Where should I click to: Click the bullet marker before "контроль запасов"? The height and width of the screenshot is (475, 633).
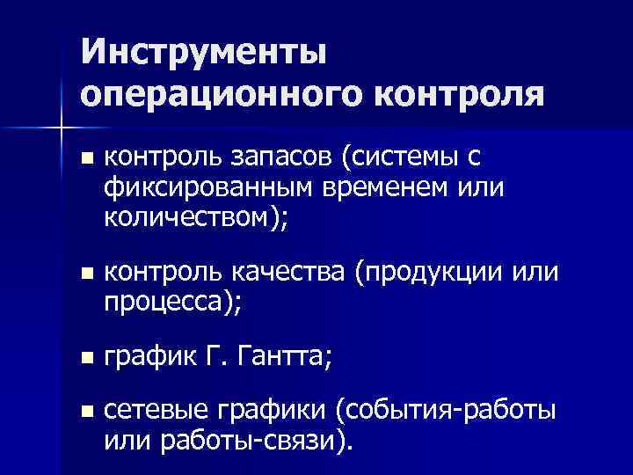click(x=84, y=159)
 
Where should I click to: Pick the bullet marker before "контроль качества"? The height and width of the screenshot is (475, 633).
click(x=84, y=275)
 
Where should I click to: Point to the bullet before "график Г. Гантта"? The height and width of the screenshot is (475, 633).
click(x=84, y=358)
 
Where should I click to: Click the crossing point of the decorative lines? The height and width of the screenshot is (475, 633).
click(x=60, y=129)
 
